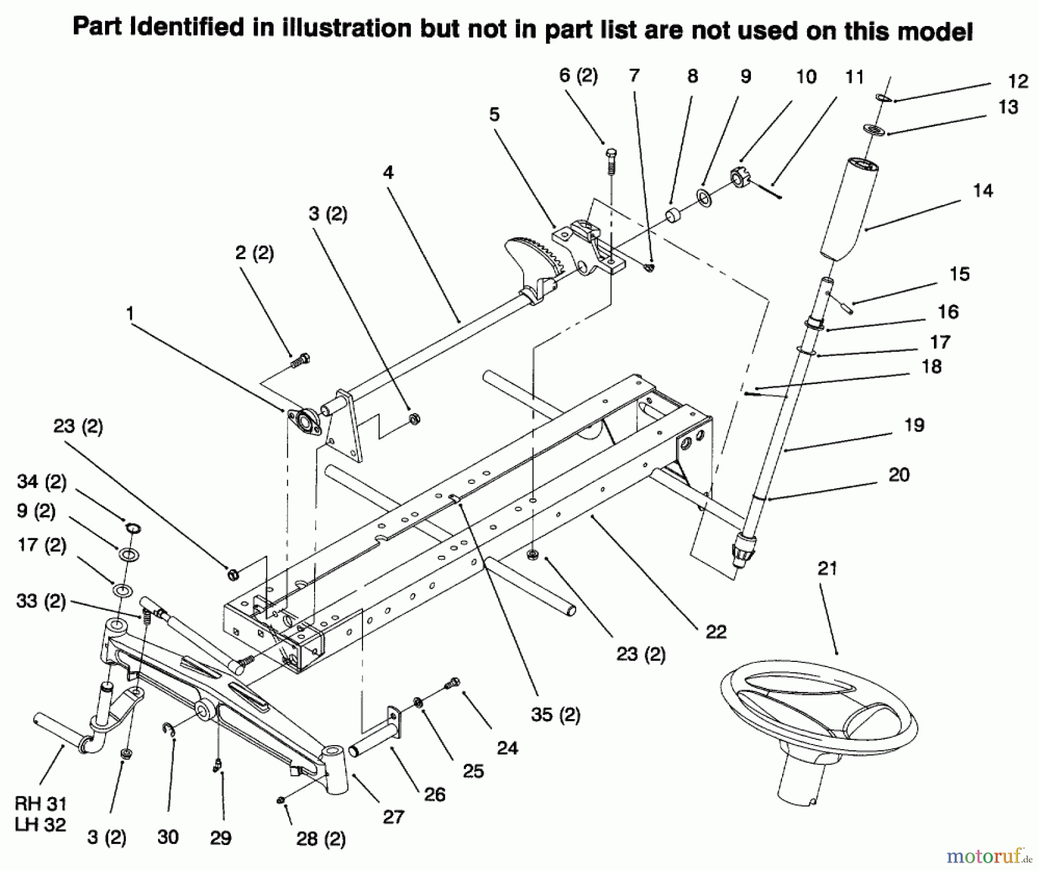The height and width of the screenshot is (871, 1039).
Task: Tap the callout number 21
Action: click(x=827, y=569)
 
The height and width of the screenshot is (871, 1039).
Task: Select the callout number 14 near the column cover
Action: click(x=982, y=191)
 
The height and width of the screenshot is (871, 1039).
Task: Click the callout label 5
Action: click(x=494, y=115)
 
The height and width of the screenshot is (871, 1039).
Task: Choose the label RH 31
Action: click(x=40, y=803)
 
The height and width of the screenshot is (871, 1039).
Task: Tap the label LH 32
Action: click(x=40, y=825)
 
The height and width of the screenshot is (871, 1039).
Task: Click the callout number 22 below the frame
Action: click(x=716, y=632)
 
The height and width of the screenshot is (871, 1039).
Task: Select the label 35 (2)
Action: click(x=555, y=715)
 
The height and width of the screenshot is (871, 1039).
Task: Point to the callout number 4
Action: click(x=388, y=173)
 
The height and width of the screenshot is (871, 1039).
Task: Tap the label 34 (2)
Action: click(x=42, y=481)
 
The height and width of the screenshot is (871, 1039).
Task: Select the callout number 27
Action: click(x=393, y=817)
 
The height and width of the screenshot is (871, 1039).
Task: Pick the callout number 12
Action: click(x=1018, y=81)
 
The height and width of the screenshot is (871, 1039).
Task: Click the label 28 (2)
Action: click(x=322, y=839)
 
